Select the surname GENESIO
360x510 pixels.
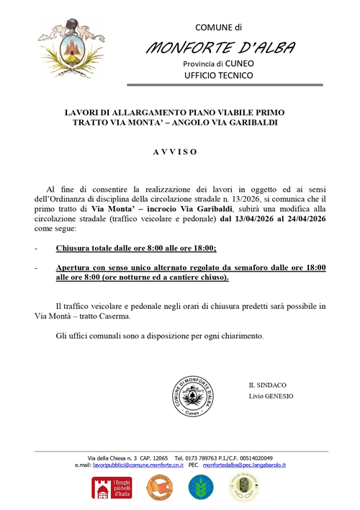[x=277, y=397]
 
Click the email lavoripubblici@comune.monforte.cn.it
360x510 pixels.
[x=138, y=466]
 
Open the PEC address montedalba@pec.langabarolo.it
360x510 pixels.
[x=245, y=466]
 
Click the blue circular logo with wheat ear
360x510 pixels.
[x=201, y=488]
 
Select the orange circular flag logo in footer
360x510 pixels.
[x=160, y=488]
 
